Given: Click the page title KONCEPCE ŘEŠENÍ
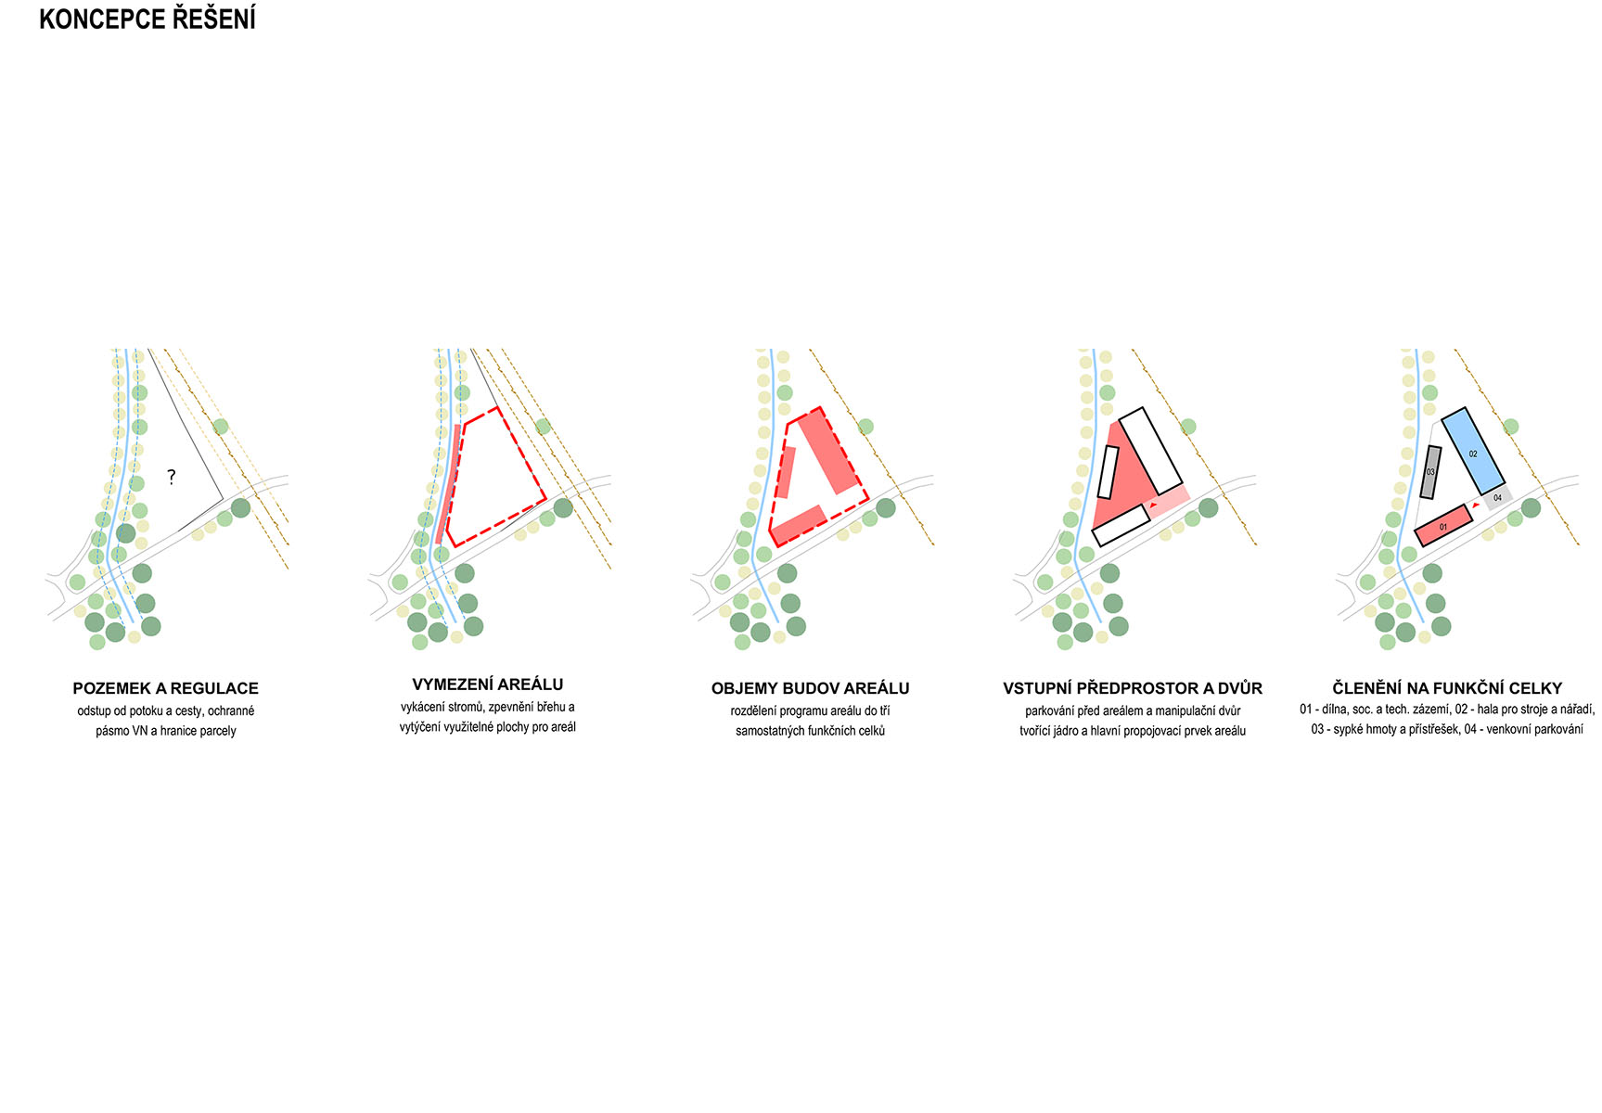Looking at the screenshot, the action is [147, 19].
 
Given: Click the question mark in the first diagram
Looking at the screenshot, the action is [171, 477].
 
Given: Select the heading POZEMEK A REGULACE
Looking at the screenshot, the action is [166, 688].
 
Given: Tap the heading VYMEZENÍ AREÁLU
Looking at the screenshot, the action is [488, 684].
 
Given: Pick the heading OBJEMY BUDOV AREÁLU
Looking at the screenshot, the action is [810, 688].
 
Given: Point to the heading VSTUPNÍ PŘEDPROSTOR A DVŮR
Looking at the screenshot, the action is [1133, 688].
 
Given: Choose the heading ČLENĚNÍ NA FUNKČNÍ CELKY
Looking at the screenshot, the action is [1447, 688].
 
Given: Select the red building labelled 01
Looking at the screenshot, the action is [1443, 526].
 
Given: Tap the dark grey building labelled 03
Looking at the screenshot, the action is [1430, 472].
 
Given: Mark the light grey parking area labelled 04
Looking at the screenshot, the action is [1497, 498].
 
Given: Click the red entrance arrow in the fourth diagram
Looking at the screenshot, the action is [1153, 505].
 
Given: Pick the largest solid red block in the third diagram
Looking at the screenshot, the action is [827, 452].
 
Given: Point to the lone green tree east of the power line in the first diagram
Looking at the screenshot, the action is [221, 427].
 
